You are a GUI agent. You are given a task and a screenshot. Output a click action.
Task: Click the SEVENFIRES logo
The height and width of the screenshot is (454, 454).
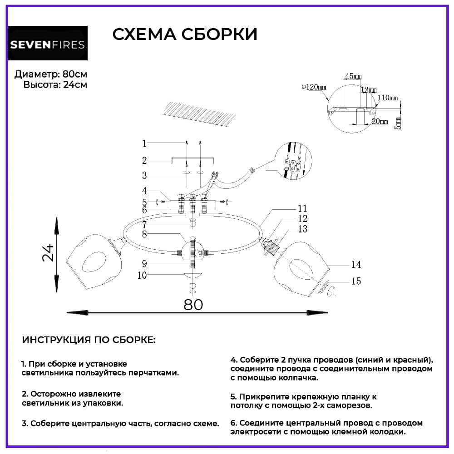[48, 44]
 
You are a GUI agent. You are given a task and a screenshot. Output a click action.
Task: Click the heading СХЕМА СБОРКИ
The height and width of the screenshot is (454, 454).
[185, 35]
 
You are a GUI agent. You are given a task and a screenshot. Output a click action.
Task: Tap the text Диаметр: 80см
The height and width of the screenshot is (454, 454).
[50, 74]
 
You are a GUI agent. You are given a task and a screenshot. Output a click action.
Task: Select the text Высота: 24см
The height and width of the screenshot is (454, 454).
[55, 84]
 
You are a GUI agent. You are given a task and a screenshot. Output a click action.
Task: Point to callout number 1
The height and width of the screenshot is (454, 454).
[144, 143]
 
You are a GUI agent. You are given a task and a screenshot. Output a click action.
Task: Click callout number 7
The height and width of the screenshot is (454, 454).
[144, 224]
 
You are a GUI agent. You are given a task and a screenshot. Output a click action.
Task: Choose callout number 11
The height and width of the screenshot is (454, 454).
[303, 208]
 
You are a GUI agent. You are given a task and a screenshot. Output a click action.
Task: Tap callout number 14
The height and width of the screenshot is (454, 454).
[355, 265]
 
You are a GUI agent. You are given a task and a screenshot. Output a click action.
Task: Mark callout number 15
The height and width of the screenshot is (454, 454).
[356, 281]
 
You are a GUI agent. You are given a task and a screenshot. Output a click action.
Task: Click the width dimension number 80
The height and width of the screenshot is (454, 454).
[193, 304]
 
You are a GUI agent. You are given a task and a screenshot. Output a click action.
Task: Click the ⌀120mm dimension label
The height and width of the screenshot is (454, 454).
[314, 87]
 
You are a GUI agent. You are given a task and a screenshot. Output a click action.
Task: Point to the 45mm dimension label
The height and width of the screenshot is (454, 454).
[353, 75]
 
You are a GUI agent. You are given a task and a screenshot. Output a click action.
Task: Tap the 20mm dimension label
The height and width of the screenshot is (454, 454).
[380, 121]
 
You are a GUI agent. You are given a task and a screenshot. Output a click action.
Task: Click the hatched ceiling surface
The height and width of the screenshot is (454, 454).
[199, 114]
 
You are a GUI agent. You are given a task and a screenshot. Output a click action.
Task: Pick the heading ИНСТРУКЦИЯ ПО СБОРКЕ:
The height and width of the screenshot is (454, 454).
[88, 340]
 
